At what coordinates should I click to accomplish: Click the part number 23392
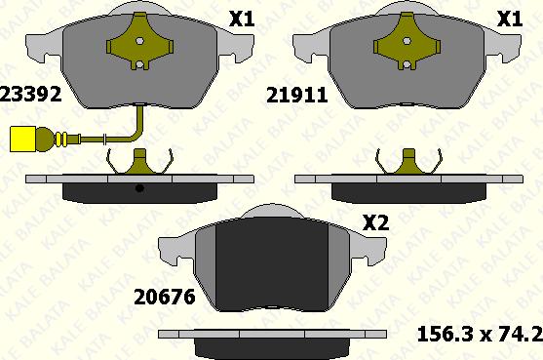point(30,95)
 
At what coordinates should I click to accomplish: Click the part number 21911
point(296,95)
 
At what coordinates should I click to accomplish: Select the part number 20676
point(165,298)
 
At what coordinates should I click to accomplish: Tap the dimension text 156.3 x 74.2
point(480,335)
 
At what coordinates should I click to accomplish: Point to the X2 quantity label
point(375,222)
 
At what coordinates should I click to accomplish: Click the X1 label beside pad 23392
point(242,19)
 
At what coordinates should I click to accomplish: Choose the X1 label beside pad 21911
point(510,19)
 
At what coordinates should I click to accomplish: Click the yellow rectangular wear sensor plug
point(22,139)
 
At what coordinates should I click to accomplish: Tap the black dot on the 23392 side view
point(139,188)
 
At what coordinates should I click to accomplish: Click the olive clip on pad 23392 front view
point(140,41)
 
